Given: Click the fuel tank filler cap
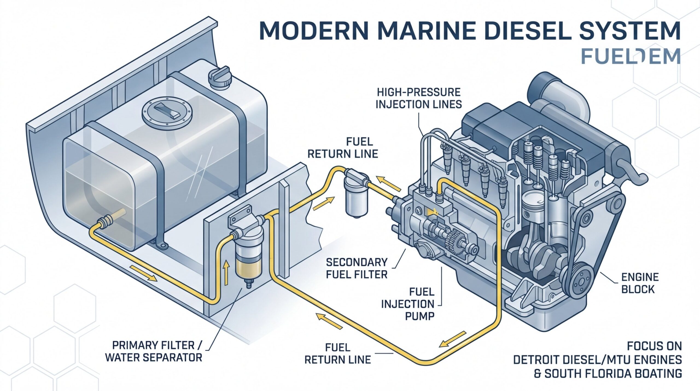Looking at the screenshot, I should (220, 77).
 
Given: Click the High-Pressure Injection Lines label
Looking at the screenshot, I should (418, 99).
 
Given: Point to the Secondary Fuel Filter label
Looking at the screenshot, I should (357, 268).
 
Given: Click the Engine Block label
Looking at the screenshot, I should (640, 283).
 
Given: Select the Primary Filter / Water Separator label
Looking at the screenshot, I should (154, 352).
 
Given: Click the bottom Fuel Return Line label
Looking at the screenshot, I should (338, 354).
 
